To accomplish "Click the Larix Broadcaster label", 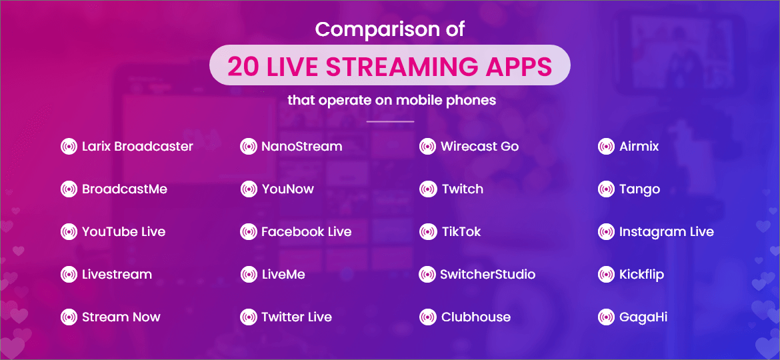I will (137, 147).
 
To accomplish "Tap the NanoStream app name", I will (301, 147).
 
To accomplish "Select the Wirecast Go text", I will (479, 147).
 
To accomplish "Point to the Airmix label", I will (639, 147).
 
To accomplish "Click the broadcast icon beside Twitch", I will (427, 189).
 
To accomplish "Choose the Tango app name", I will (639, 189).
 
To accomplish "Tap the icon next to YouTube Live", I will (69, 232).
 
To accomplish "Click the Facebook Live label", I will (306, 232).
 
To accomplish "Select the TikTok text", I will (461, 232).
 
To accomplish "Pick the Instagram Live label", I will (666, 232).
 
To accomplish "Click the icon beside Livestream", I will (69, 275).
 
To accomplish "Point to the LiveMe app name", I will (283, 275).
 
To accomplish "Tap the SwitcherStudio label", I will (487, 275).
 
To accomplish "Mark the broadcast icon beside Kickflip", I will (606, 275).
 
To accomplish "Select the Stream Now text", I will (121, 317).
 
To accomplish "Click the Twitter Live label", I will (296, 317).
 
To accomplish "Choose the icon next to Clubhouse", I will (427, 317).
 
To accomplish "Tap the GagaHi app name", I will (643, 317).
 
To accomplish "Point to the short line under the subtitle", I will (390, 122).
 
